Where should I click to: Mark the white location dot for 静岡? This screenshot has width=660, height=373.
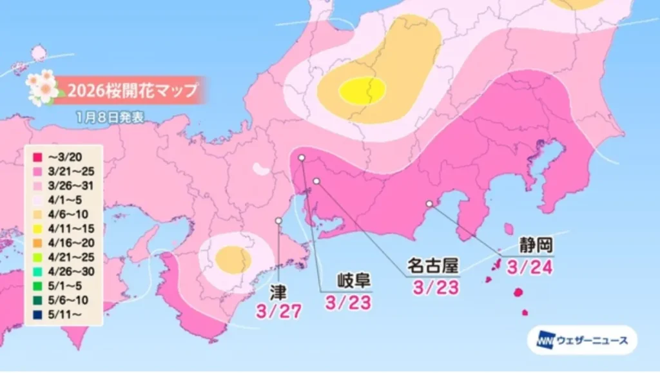click(429, 204)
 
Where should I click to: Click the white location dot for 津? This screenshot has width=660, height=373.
click(278, 220)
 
